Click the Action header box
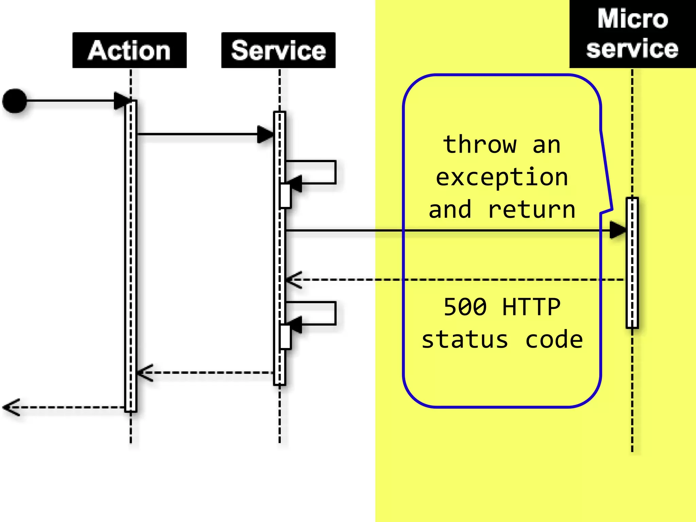pos(129,50)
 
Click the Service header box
pos(278,50)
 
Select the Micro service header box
pos(632,34)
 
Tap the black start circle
pos(15,101)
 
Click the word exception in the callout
pos(502,177)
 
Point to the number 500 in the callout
pos(465,307)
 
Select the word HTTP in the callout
pos(531,307)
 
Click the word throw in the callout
pos(480,145)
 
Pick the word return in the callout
pos(532,210)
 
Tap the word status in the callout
pos(465,340)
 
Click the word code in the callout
pos(554,340)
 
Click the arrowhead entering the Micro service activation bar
pos(618,230)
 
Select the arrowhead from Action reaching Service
pos(265,134)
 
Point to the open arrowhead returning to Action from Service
pos(145,373)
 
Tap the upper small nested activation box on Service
pos(285,196)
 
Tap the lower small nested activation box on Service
pos(285,337)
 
